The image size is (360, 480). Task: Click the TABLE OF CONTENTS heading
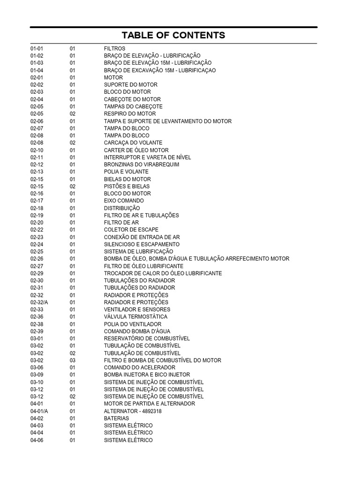tap(173, 35)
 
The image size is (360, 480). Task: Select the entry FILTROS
tap(114, 48)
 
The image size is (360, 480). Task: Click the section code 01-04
tap(37, 70)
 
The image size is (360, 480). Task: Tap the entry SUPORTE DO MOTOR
tap(131, 85)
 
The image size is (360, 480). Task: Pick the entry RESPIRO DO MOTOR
tap(130, 114)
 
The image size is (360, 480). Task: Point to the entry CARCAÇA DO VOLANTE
tap(133, 143)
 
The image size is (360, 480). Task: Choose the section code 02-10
tap(37, 150)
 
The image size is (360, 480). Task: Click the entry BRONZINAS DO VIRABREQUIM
tap(142, 165)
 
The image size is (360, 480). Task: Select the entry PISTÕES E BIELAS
tap(127, 187)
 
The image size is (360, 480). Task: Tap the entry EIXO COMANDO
tap(124, 201)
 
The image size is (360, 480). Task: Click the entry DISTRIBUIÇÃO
tap(122, 208)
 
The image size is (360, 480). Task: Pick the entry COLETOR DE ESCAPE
tap(131, 230)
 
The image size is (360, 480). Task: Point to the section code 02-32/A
tap(39, 302)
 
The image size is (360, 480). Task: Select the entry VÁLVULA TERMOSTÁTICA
tap(136, 317)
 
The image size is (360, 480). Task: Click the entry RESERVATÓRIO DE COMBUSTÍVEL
tap(147, 338)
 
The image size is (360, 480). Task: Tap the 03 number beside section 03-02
tap(73, 360)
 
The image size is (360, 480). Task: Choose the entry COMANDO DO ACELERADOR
tap(140, 367)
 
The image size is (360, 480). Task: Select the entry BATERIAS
tap(116, 418)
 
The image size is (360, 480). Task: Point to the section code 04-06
tap(37, 440)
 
